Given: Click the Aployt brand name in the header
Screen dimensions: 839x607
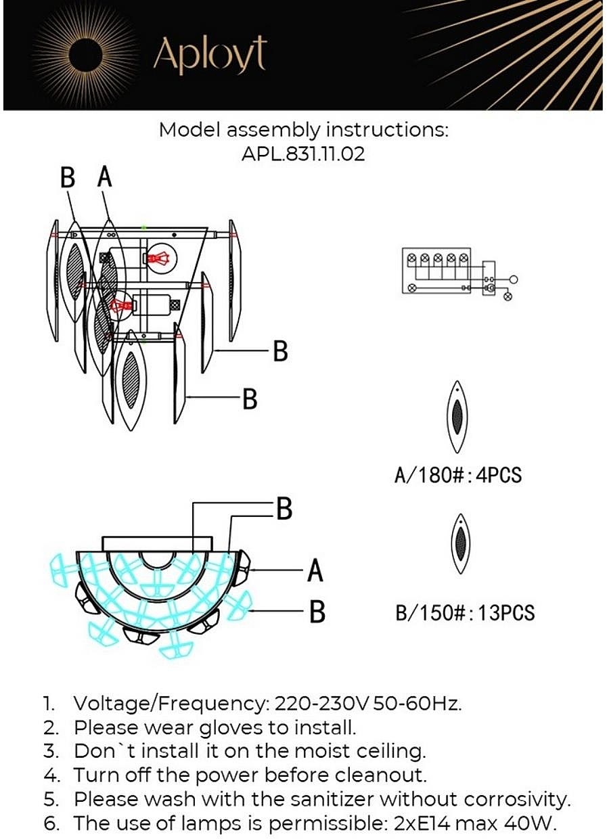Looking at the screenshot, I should point(209,54).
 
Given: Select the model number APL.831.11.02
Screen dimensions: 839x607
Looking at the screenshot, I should point(303,154).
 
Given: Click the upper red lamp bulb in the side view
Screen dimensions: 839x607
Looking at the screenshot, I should point(159,258).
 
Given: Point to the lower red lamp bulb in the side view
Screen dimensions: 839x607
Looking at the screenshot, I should point(122,305).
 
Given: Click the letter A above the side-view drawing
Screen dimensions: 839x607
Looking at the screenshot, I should point(104,177).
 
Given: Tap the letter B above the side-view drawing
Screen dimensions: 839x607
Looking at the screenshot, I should point(68,178).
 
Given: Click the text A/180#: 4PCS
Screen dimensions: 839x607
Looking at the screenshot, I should point(458,475).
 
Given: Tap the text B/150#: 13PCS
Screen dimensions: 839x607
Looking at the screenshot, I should point(465,613).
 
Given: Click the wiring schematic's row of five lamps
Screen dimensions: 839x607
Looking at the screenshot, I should point(437,258).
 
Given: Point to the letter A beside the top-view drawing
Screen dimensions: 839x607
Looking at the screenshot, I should point(315,570).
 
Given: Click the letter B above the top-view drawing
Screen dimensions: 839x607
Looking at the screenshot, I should point(284,509).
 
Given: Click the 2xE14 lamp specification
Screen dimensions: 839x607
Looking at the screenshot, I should point(416,823).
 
